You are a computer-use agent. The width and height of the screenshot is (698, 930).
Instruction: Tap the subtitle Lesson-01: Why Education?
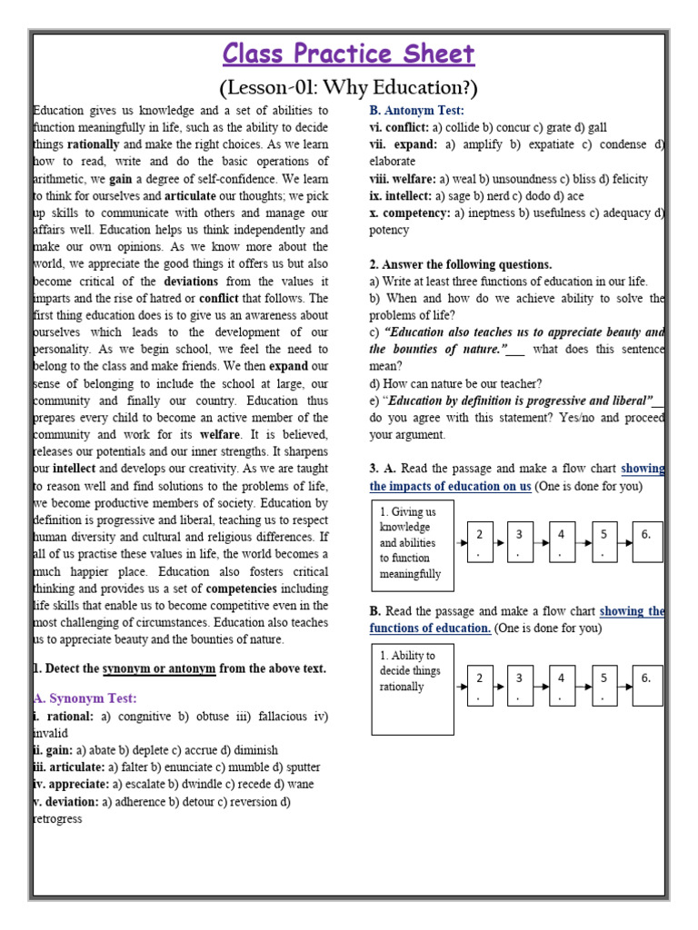click(x=349, y=88)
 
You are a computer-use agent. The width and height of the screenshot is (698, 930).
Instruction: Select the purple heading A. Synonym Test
click(x=85, y=698)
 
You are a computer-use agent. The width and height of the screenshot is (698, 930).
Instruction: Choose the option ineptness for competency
click(x=497, y=213)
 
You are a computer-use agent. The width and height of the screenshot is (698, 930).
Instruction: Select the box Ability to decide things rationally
click(x=413, y=688)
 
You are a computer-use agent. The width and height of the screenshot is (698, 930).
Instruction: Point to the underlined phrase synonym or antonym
click(x=159, y=668)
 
